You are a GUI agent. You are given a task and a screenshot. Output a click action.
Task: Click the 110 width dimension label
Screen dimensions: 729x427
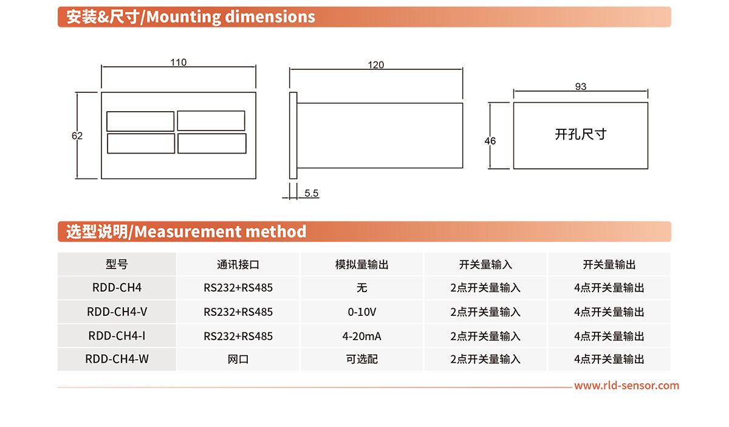pyautogui.click(x=179, y=62)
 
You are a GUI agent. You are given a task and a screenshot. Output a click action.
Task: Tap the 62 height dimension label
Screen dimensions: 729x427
pyautogui.click(x=77, y=135)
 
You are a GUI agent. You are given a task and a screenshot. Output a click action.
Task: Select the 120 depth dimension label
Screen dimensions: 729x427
pyautogui.click(x=376, y=65)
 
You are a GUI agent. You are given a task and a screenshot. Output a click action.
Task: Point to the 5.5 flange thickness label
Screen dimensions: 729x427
pyautogui.click(x=312, y=193)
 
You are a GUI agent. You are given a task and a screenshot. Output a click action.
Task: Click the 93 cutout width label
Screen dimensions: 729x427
pyautogui.click(x=581, y=87)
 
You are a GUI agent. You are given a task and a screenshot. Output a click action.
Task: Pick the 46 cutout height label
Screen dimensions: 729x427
pyautogui.click(x=490, y=141)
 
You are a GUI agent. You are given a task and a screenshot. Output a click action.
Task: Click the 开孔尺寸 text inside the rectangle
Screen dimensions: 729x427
pyautogui.click(x=581, y=134)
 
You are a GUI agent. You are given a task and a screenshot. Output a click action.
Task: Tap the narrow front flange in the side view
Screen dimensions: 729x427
pyautogui.click(x=293, y=135)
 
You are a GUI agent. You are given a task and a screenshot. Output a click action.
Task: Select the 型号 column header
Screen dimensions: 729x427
pyautogui.click(x=117, y=264)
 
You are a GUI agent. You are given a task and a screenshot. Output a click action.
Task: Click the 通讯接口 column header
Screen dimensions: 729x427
pyautogui.click(x=238, y=264)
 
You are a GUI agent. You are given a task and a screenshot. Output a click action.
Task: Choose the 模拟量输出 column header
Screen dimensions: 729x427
pyautogui.click(x=362, y=264)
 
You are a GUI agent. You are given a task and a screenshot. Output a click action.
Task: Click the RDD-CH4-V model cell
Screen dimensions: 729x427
pyautogui.click(x=117, y=312)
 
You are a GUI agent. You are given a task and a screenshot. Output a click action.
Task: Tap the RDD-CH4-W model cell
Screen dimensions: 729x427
pyautogui.click(x=117, y=359)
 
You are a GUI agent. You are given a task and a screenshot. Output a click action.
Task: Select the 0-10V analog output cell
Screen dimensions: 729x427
pyautogui.click(x=362, y=312)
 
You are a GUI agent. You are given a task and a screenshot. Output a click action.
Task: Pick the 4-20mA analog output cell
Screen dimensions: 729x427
pyautogui.click(x=362, y=336)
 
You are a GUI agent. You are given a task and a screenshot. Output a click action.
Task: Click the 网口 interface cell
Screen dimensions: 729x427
pyautogui.click(x=238, y=360)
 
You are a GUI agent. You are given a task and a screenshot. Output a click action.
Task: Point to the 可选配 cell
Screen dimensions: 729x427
pyautogui.click(x=362, y=360)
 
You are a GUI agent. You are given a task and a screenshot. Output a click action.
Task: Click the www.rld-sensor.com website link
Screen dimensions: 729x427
pyautogui.click(x=627, y=386)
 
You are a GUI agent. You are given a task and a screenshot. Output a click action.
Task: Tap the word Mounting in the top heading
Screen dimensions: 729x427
pyautogui.click(x=183, y=17)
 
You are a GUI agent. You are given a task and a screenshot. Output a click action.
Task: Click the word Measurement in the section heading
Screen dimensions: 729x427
pyautogui.click(x=188, y=232)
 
